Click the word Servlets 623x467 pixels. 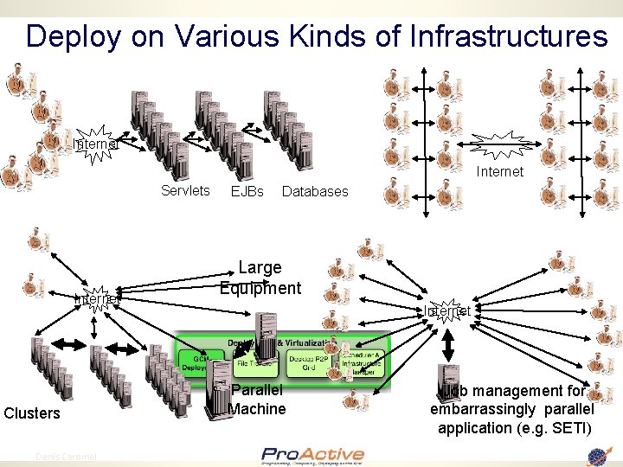coord(185,190)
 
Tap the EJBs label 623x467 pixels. coord(247,191)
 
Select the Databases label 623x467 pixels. coord(315,191)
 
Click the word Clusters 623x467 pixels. coord(32,413)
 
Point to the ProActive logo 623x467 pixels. coord(312,456)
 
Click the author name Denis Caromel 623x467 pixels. coord(66,457)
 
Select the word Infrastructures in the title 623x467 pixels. coord(509,35)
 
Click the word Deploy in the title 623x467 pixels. coord(74,35)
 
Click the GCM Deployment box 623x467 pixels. coord(200,363)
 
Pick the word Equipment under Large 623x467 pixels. coord(260,288)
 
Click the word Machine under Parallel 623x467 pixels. coord(258,408)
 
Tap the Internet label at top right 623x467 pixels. coord(499,171)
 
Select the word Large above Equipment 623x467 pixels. coord(260,268)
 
